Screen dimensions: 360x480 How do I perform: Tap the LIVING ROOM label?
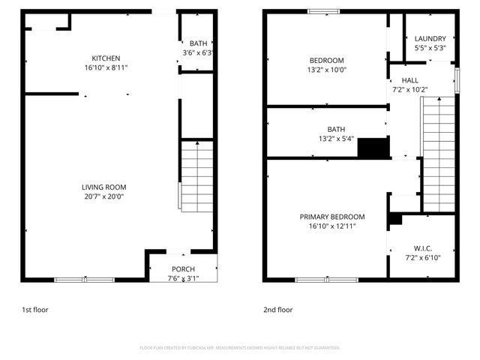pyautogui.click(x=104, y=187)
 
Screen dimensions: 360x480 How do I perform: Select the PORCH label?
pyautogui.click(x=183, y=269)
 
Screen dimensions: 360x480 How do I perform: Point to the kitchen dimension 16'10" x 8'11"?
pyautogui.click(x=106, y=68)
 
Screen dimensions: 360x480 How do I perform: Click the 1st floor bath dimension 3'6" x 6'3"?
pyautogui.click(x=198, y=53)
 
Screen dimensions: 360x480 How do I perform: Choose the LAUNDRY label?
pyautogui.click(x=430, y=39)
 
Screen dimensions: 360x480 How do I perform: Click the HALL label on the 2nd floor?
pyautogui.click(x=409, y=80)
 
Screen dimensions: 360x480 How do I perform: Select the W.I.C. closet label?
pyautogui.click(x=423, y=248)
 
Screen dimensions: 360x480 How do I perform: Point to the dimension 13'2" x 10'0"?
pyautogui.click(x=326, y=70)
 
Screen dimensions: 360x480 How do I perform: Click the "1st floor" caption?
pyautogui.click(x=36, y=309)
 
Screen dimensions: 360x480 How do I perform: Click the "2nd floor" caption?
pyautogui.click(x=277, y=309)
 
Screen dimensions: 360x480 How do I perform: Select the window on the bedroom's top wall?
pyautogui.click(x=323, y=11)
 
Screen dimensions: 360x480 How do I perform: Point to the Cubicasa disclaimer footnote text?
pyautogui.click(x=240, y=348)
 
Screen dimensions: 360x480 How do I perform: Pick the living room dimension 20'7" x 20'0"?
pyautogui.click(x=104, y=196)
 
